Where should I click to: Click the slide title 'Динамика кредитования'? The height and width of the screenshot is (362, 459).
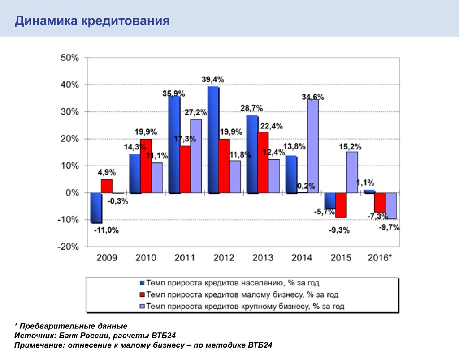(x=92, y=21)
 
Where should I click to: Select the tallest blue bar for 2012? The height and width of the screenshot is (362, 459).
(x=213, y=140)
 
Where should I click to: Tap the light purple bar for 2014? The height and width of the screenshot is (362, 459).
(x=312, y=146)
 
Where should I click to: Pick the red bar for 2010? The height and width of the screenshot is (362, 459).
(x=146, y=166)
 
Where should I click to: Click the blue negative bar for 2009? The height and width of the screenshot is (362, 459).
(x=95, y=208)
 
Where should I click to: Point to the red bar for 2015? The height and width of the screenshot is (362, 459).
(x=341, y=205)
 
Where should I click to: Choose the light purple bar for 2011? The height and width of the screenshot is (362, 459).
(x=195, y=156)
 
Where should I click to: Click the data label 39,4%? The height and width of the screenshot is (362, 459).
(x=212, y=80)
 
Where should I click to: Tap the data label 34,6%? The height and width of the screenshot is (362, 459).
(x=312, y=97)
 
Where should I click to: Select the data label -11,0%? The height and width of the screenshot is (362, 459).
(x=106, y=230)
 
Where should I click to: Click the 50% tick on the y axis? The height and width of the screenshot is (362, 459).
(x=69, y=58)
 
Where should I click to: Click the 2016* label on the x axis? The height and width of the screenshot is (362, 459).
(x=379, y=258)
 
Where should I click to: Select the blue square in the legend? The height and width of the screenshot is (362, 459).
(x=142, y=283)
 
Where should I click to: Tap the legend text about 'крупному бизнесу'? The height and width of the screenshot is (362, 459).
(x=245, y=306)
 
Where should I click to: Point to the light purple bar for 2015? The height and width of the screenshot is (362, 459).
(x=352, y=172)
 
